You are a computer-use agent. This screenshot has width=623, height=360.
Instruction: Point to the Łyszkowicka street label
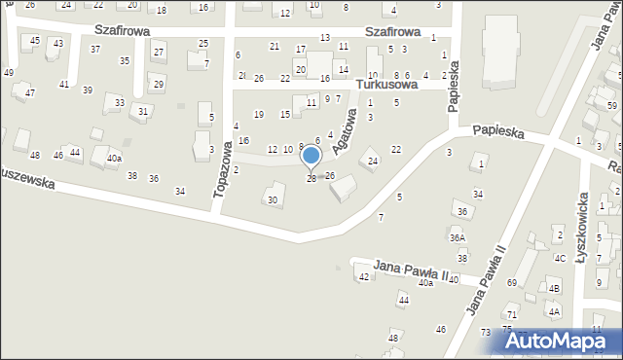(583, 205)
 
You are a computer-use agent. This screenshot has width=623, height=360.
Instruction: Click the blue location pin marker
(311, 156)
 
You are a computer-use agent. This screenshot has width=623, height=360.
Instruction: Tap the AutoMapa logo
(561, 342)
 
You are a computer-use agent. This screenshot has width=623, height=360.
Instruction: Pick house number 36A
(458, 237)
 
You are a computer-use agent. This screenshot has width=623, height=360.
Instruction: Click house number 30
(273, 200)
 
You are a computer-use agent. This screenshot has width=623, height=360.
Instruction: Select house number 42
(364, 277)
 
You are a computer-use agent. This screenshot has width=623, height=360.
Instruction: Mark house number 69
(512, 282)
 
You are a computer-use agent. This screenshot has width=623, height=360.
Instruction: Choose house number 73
(485, 333)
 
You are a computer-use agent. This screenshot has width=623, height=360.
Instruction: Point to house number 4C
(560, 258)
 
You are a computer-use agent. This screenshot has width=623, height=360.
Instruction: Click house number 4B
(554, 289)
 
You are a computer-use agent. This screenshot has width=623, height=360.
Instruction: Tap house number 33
(120, 102)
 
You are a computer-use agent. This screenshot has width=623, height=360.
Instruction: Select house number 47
(30, 92)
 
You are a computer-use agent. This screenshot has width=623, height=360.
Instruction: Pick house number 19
(258, 115)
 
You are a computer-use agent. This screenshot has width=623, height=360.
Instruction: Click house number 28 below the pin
(311, 178)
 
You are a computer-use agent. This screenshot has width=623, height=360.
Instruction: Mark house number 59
(611, 105)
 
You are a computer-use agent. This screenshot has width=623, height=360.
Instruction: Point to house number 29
(159, 85)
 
